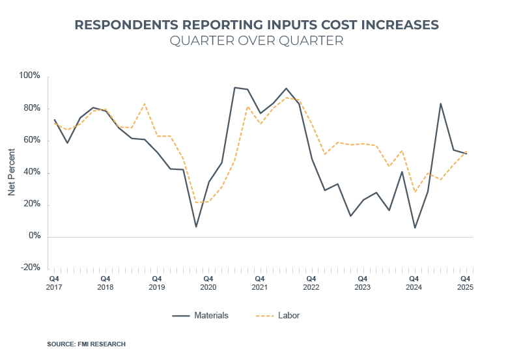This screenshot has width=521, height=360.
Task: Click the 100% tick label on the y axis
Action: coord(30,76)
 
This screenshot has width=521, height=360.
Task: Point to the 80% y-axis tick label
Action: coord(32,108)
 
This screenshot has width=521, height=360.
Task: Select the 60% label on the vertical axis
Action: coord(32,140)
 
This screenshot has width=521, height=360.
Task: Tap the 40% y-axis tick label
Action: coord(32,173)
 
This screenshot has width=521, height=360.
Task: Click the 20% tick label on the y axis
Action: coord(32,204)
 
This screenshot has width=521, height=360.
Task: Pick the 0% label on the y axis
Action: coord(34,236)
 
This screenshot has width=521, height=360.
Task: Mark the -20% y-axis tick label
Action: coord(31,268)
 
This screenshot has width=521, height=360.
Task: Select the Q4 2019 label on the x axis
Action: coord(156,282)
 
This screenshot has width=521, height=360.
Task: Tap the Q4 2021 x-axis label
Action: coord(259,282)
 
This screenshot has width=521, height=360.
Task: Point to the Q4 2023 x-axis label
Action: coord(362,282)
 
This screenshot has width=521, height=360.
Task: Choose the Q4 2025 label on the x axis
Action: coord(465,282)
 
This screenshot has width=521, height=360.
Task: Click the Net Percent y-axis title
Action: coord(11,171)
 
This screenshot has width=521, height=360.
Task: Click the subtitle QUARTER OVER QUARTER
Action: coord(257,41)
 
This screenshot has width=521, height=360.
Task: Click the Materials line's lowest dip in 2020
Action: coord(195,227)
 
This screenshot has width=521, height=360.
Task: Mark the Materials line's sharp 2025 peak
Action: coord(441,104)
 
